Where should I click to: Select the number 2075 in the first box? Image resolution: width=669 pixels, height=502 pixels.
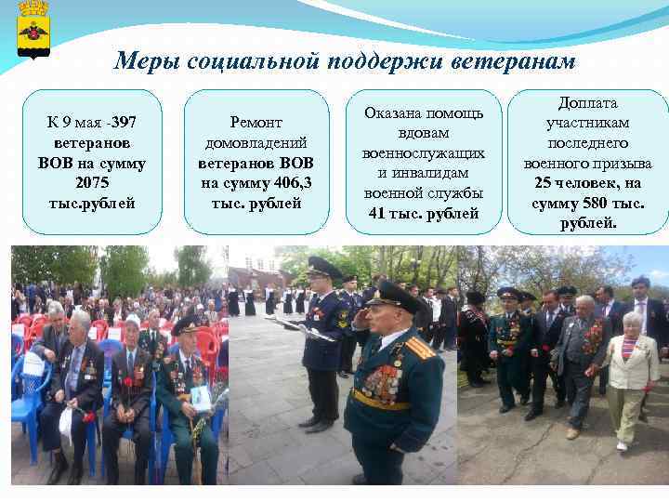tap(92, 183)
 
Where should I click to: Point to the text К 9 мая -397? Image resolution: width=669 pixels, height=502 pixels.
tap(92, 124)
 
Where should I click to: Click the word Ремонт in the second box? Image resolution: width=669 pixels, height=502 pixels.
tap(257, 123)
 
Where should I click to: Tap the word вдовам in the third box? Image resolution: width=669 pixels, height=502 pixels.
tap(424, 133)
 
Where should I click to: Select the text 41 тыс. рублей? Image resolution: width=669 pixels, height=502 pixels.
tap(424, 213)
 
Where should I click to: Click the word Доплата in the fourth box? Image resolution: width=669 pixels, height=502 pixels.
tap(587, 103)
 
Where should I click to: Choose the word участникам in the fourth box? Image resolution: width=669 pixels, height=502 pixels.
tap(587, 123)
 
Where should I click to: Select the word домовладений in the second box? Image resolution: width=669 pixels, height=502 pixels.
tap(257, 142)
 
